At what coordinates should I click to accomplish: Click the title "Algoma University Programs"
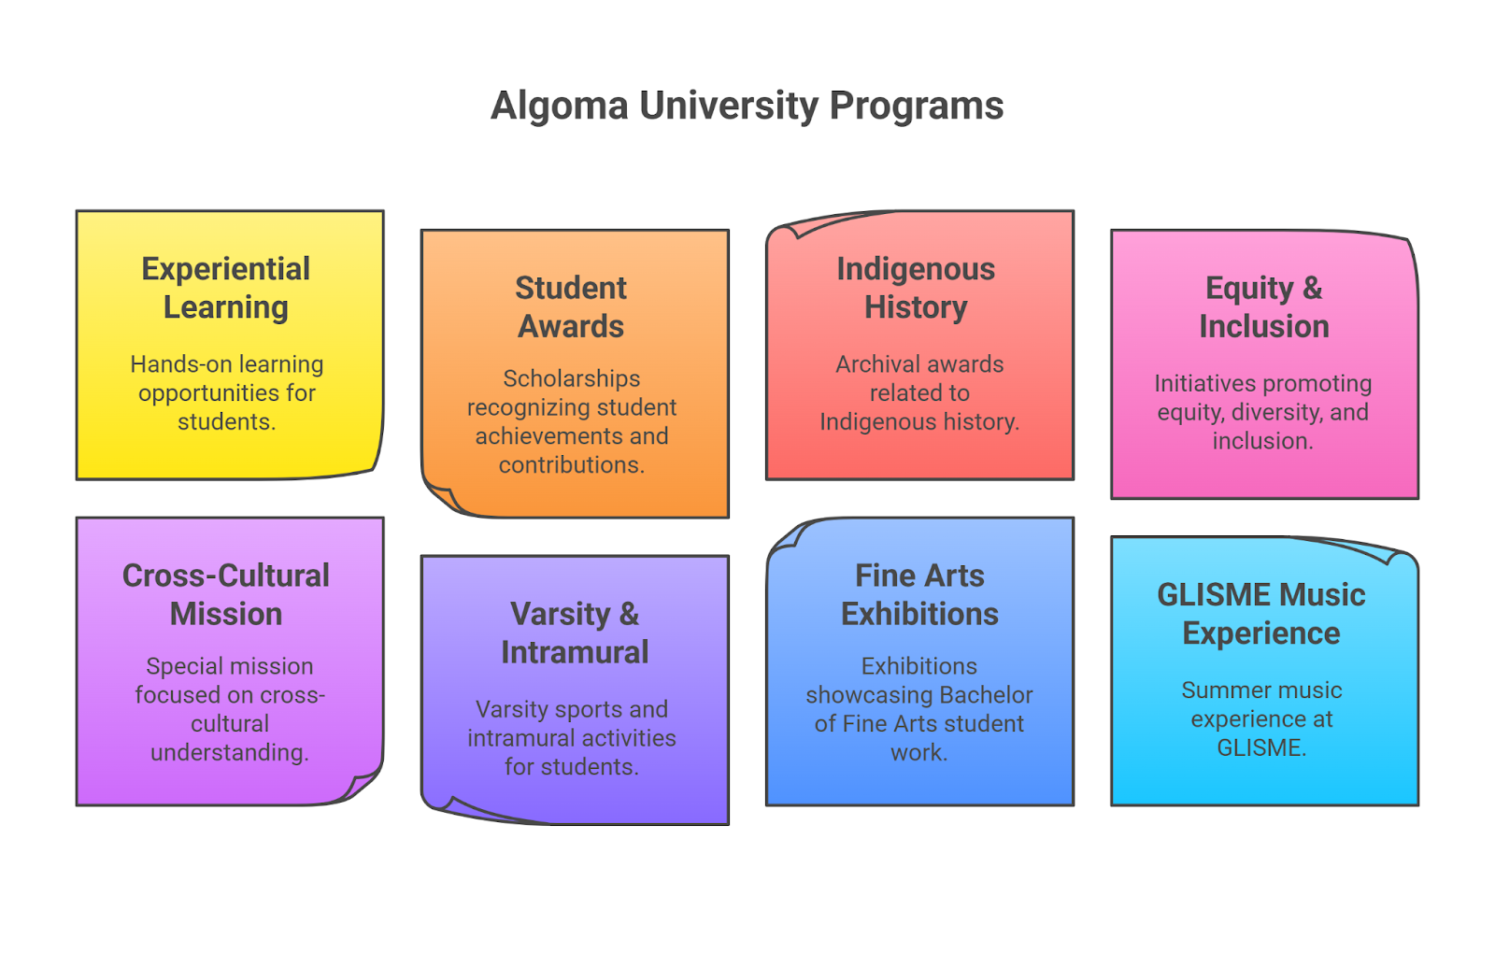(x=747, y=107)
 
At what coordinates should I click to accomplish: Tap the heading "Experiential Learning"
(x=226, y=288)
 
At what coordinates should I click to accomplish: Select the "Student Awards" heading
(x=571, y=307)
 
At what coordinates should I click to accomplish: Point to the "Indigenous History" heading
(x=917, y=288)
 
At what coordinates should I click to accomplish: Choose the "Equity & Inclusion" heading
(x=1264, y=307)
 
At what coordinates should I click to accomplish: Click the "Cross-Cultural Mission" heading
(x=226, y=594)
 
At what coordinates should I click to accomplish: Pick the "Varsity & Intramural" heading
(x=575, y=633)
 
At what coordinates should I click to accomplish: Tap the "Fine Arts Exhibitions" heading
(x=919, y=594)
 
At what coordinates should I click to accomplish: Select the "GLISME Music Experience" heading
(x=1261, y=613)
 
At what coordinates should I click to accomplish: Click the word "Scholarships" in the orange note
(x=571, y=378)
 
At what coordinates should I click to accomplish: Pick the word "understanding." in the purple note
(x=230, y=752)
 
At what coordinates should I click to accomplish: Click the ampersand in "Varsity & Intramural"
(x=629, y=614)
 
